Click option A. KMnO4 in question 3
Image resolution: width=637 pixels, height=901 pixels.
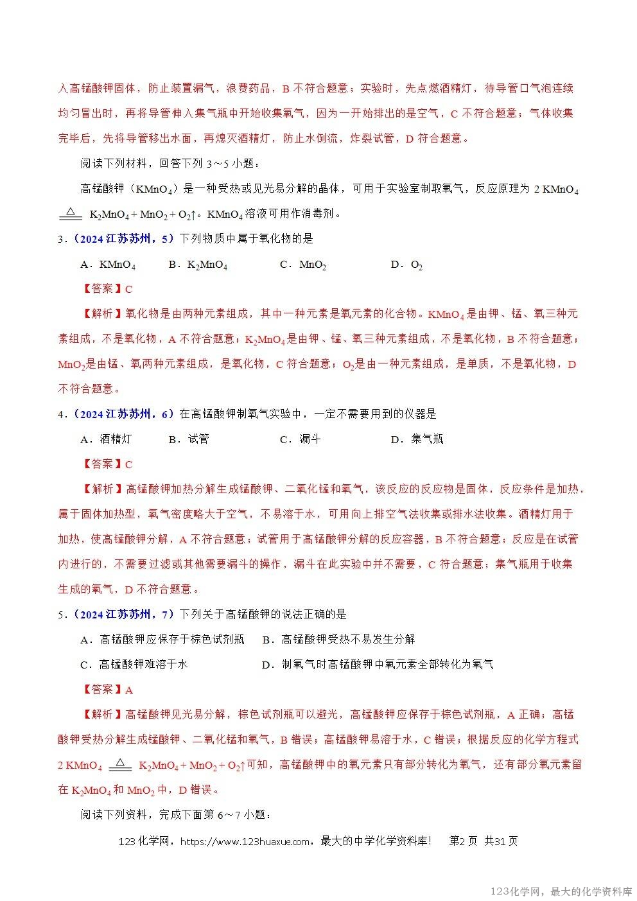coord(108,265)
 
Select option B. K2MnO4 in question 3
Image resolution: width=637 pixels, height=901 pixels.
coord(198,265)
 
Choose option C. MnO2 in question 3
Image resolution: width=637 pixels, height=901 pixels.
coord(303,265)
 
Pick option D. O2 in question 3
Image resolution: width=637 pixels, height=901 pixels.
coord(406,265)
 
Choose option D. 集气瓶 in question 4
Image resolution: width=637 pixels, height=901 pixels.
coord(417,439)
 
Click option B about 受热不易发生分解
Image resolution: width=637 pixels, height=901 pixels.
coord(339,639)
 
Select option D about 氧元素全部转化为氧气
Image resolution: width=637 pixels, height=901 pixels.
coord(378,664)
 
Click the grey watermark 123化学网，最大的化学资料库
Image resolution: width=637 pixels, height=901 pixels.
coord(561,891)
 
